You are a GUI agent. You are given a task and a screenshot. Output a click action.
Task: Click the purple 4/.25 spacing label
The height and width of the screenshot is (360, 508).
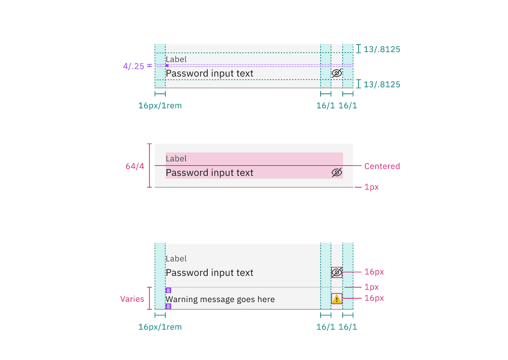tap(134, 67)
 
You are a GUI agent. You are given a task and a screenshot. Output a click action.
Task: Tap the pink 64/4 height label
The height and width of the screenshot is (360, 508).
tap(134, 166)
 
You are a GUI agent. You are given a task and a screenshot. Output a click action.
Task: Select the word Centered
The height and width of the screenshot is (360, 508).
tap(382, 166)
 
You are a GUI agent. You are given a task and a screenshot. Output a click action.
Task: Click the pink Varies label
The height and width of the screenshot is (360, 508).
tap(132, 299)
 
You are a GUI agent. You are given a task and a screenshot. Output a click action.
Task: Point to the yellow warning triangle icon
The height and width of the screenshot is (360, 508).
tap(337, 299)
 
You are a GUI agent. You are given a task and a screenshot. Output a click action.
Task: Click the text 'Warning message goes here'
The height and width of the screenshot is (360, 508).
tap(220, 300)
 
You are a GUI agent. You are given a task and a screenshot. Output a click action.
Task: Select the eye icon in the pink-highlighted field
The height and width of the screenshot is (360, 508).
tap(337, 173)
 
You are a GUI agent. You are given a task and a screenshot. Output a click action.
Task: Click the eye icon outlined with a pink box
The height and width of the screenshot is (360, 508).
tap(337, 273)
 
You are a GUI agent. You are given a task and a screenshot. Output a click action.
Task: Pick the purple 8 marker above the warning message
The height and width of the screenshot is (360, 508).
tap(168, 290)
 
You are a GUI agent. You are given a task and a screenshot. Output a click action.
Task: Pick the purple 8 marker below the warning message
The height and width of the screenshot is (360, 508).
tap(168, 306)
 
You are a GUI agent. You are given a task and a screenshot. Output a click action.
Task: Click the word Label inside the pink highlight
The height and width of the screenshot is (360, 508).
tap(176, 159)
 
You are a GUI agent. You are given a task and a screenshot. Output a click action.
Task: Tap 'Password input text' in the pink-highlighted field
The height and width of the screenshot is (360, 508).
tap(209, 173)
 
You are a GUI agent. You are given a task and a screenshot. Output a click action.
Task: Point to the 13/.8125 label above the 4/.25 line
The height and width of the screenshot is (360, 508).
tap(382, 49)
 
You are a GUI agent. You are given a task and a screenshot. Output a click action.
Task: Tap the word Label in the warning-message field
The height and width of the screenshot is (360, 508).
tap(176, 259)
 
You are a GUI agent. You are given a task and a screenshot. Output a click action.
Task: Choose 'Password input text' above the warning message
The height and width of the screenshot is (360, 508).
tap(209, 273)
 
